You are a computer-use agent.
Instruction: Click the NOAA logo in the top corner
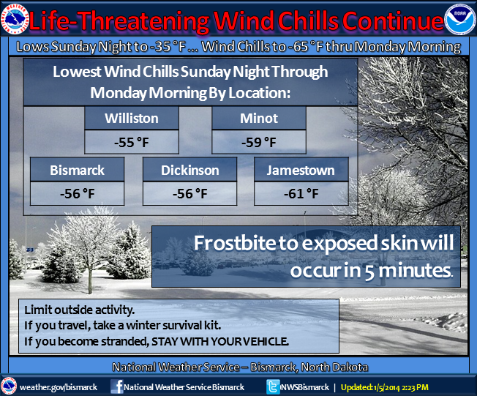(x=460, y=20)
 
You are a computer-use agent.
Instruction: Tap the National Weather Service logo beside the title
(x=15, y=19)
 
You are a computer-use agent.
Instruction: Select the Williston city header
(x=132, y=118)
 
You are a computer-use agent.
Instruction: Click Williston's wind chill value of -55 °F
(x=132, y=142)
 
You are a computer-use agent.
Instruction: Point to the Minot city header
(x=259, y=118)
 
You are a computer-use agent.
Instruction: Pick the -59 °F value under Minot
(x=259, y=142)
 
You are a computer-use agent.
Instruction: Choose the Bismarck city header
(x=78, y=170)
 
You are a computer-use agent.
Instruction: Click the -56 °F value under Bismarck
(x=78, y=193)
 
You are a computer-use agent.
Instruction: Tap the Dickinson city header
(x=189, y=170)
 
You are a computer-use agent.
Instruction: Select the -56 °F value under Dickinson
(x=189, y=193)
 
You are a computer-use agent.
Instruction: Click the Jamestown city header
(x=301, y=170)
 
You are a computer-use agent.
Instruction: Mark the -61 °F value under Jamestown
(x=301, y=193)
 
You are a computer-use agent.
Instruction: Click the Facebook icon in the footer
(x=117, y=386)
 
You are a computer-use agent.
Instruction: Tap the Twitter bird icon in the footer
(x=273, y=387)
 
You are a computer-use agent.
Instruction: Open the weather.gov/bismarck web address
(x=59, y=387)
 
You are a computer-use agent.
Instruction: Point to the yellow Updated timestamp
(x=385, y=387)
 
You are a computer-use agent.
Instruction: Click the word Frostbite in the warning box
(x=235, y=243)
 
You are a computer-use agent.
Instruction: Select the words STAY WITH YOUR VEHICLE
(x=219, y=341)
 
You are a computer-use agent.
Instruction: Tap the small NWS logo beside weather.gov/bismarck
(x=9, y=386)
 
